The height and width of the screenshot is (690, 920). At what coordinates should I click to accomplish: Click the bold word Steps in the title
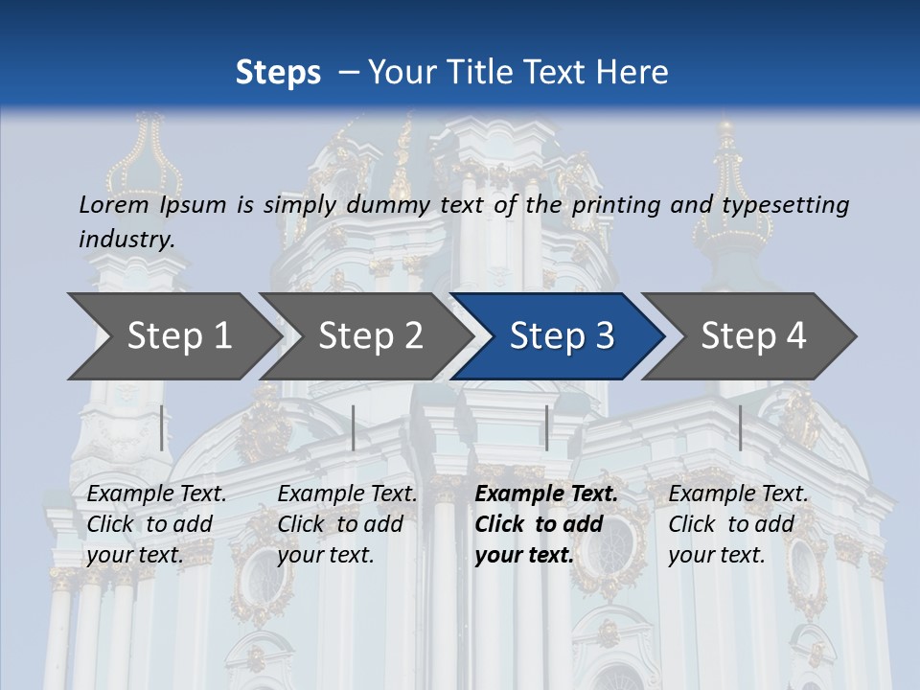278,72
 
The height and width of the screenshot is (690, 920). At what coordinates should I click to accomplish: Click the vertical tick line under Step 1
162,427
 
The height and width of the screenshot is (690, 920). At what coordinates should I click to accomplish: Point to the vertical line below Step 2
354,427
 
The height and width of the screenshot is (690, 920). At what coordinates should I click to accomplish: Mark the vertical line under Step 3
547,427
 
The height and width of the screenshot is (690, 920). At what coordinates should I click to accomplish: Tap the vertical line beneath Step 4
741,427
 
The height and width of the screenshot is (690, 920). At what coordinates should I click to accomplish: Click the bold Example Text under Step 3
546,494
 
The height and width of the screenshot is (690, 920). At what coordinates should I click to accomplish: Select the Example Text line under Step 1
156,494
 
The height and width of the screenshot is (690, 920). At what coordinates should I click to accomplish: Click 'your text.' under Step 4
716,555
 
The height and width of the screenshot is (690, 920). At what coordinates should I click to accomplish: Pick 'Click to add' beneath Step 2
340,524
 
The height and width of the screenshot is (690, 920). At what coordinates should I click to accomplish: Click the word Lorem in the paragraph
114,204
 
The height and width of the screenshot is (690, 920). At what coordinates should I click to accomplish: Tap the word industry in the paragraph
126,239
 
